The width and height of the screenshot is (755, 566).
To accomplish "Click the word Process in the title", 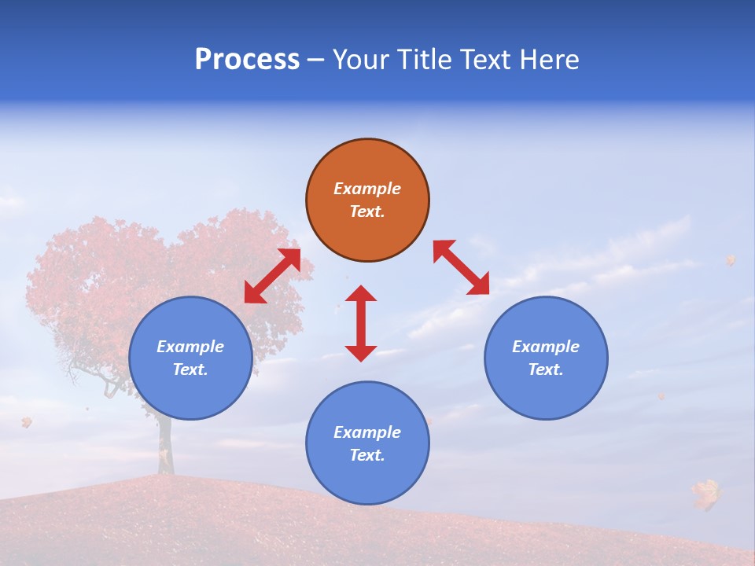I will click(x=247, y=60).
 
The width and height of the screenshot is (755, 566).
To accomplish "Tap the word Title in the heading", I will click(x=427, y=60).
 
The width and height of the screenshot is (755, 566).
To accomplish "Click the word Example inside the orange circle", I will click(x=367, y=189).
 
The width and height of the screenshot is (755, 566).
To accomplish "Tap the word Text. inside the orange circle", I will click(x=367, y=211).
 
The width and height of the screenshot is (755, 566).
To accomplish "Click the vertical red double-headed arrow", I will click(x=361, y=323).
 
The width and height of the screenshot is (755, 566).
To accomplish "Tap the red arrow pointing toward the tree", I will click(x=272, y=276).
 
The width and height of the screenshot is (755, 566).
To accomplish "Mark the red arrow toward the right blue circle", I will click(x=462, y=267).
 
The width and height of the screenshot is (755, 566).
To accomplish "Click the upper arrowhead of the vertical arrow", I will click(x=361, y=293).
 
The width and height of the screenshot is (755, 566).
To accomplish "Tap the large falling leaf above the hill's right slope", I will click(x=706, y=494).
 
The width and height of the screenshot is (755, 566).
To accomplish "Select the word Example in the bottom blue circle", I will click(x=367, y=432).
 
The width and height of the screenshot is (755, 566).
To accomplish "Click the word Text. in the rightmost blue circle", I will click(x=546, y=369).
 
